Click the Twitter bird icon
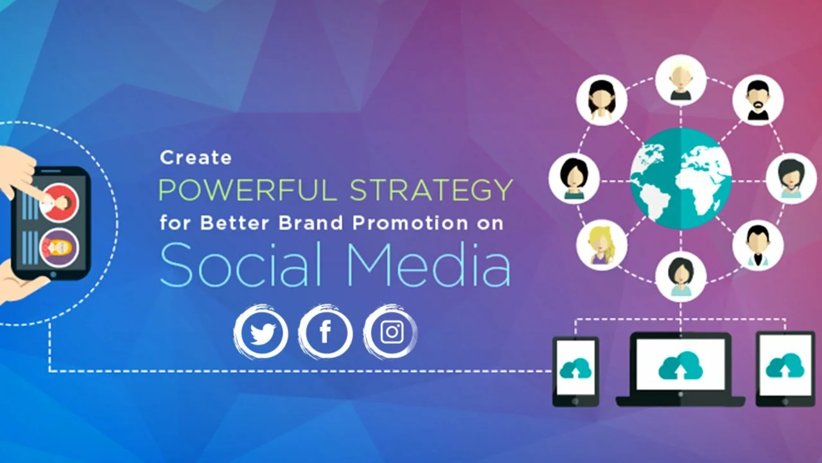261,332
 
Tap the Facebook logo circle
325,332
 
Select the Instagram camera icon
391,332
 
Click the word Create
195,157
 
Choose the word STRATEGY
431,190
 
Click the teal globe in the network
681,178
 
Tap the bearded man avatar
758,100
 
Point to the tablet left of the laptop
575,371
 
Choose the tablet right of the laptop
785,368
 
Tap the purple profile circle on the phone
59,248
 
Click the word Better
237,224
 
